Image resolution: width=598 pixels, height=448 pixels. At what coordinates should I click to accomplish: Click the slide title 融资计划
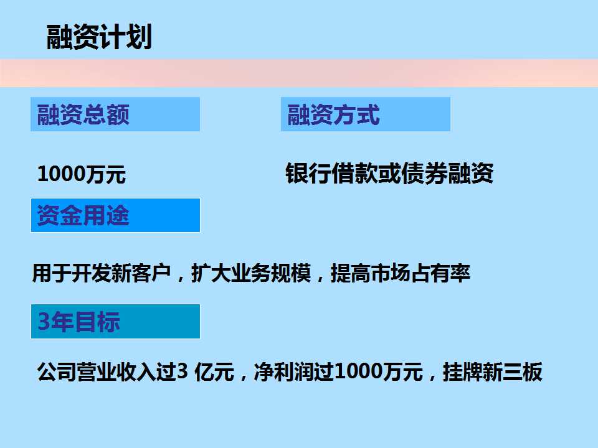[x=99, y=37]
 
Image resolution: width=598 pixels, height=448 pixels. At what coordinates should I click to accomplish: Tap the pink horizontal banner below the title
[x=299, y=73]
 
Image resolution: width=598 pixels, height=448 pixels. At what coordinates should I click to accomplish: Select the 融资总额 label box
[x=115, y=114]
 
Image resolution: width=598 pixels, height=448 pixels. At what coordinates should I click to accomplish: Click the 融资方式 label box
[x=366, y=114]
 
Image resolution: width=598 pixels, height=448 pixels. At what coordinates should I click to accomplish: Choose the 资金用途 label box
[x=116, y=215]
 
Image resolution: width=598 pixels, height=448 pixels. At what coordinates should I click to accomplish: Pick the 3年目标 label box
[x=116, y=321]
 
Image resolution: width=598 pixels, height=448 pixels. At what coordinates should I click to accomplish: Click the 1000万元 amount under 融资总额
[x=82, y=174]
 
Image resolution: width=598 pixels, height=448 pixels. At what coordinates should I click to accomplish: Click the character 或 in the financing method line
[x=389, y=174]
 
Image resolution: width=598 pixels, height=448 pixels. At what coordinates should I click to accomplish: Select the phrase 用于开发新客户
[x=102, y=273]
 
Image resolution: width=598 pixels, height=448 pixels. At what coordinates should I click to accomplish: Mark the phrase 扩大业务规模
[x=251, y=273]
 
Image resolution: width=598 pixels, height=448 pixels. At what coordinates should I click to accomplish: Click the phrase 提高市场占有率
[x=401, y=273]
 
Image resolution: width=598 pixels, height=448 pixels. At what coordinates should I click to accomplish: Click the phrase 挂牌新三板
[x=492, y=371]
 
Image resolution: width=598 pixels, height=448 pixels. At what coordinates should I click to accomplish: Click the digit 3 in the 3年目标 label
[x=44, y=321]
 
